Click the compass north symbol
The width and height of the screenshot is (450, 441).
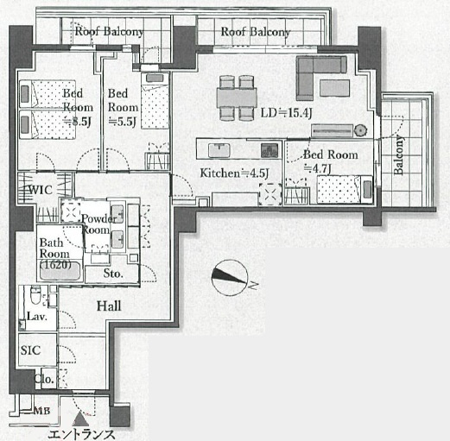[230, 278]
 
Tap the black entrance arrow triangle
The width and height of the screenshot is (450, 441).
[80, 419]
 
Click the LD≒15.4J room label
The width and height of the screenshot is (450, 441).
[286, 113]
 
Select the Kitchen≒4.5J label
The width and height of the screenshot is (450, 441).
[234, 173]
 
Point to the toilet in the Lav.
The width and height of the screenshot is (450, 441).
[36, 295]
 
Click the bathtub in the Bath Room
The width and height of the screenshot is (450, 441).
[60, 271]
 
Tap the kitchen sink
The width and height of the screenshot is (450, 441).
[219, 150]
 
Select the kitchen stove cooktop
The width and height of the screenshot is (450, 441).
[269, 150]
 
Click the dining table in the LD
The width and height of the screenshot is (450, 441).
[237, 98]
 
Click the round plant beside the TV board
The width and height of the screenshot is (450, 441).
[360, 130]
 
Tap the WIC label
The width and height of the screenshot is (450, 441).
[41, 190]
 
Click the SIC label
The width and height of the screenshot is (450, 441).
[30, 350]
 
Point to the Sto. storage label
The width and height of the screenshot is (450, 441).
[113, 274]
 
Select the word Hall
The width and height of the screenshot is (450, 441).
[109, 306]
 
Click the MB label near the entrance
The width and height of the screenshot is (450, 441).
[42, 411]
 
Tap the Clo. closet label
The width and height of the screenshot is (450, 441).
[44, 379]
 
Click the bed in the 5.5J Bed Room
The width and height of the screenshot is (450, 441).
[155, 101]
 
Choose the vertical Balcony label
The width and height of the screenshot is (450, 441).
[398, 155]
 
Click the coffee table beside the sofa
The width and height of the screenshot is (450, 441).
[334, 87]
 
